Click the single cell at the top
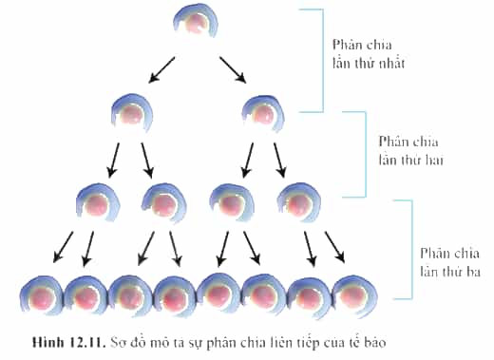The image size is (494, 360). click(196, 22)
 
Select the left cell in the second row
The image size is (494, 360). click(132, 112)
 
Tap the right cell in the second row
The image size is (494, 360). click(263, 113)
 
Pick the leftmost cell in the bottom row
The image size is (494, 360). click(42, 296)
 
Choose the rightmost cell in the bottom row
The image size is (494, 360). click(354, 295)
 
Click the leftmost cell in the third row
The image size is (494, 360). click(98, 203)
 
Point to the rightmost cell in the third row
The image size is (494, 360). click(299, 201)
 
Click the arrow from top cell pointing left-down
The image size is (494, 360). click(161, 70)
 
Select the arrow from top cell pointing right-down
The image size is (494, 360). click(233, 70)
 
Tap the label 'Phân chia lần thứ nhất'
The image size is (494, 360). click(369, 54)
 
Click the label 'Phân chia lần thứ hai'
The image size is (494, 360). click(410, 151)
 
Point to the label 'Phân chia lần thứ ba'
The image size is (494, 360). click(450, 262)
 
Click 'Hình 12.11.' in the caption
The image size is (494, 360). click(68, 343)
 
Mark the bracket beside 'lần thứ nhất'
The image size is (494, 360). click(323, 60)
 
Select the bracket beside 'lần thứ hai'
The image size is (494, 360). click(366, 154)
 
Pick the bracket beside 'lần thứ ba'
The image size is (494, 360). click(412, 249)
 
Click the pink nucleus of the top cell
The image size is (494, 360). click(197, 24)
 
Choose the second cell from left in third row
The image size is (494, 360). click(163, 203)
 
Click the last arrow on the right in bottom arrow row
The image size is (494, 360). click(334, 247)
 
